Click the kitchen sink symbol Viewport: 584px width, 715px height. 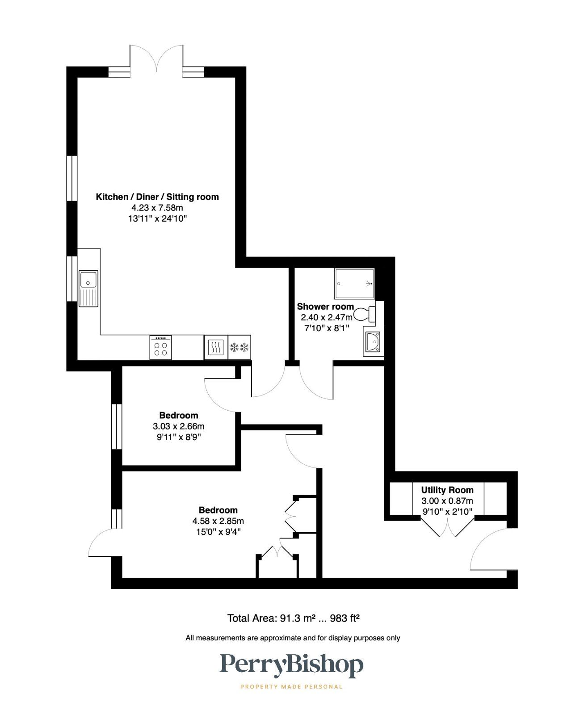(x=88, y=289)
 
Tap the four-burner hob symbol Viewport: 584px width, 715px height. (x=161, y=347)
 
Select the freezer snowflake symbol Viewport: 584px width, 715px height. (x=239, y=347)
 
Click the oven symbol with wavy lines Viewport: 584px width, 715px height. (x=216, y=347)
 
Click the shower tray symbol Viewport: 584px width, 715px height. (x=354, y=284)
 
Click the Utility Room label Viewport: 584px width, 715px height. (x=447, y=490)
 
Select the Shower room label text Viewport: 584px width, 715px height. (x=325, y=307)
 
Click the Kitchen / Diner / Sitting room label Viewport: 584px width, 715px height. (x=157, y=197)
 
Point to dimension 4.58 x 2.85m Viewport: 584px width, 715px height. (x=218, y=521)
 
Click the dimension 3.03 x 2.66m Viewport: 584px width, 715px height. (x=179, y=426)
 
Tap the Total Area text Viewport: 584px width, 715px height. (x=294, y=618)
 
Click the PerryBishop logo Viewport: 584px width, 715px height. (x=291, y=665)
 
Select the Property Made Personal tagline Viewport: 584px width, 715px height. (x=291, y=686)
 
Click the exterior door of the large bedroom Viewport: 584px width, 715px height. (x=104, y=543)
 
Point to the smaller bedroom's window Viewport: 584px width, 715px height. (x=117, y=426)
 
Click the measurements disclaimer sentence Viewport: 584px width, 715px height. (x=293, y=638)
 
